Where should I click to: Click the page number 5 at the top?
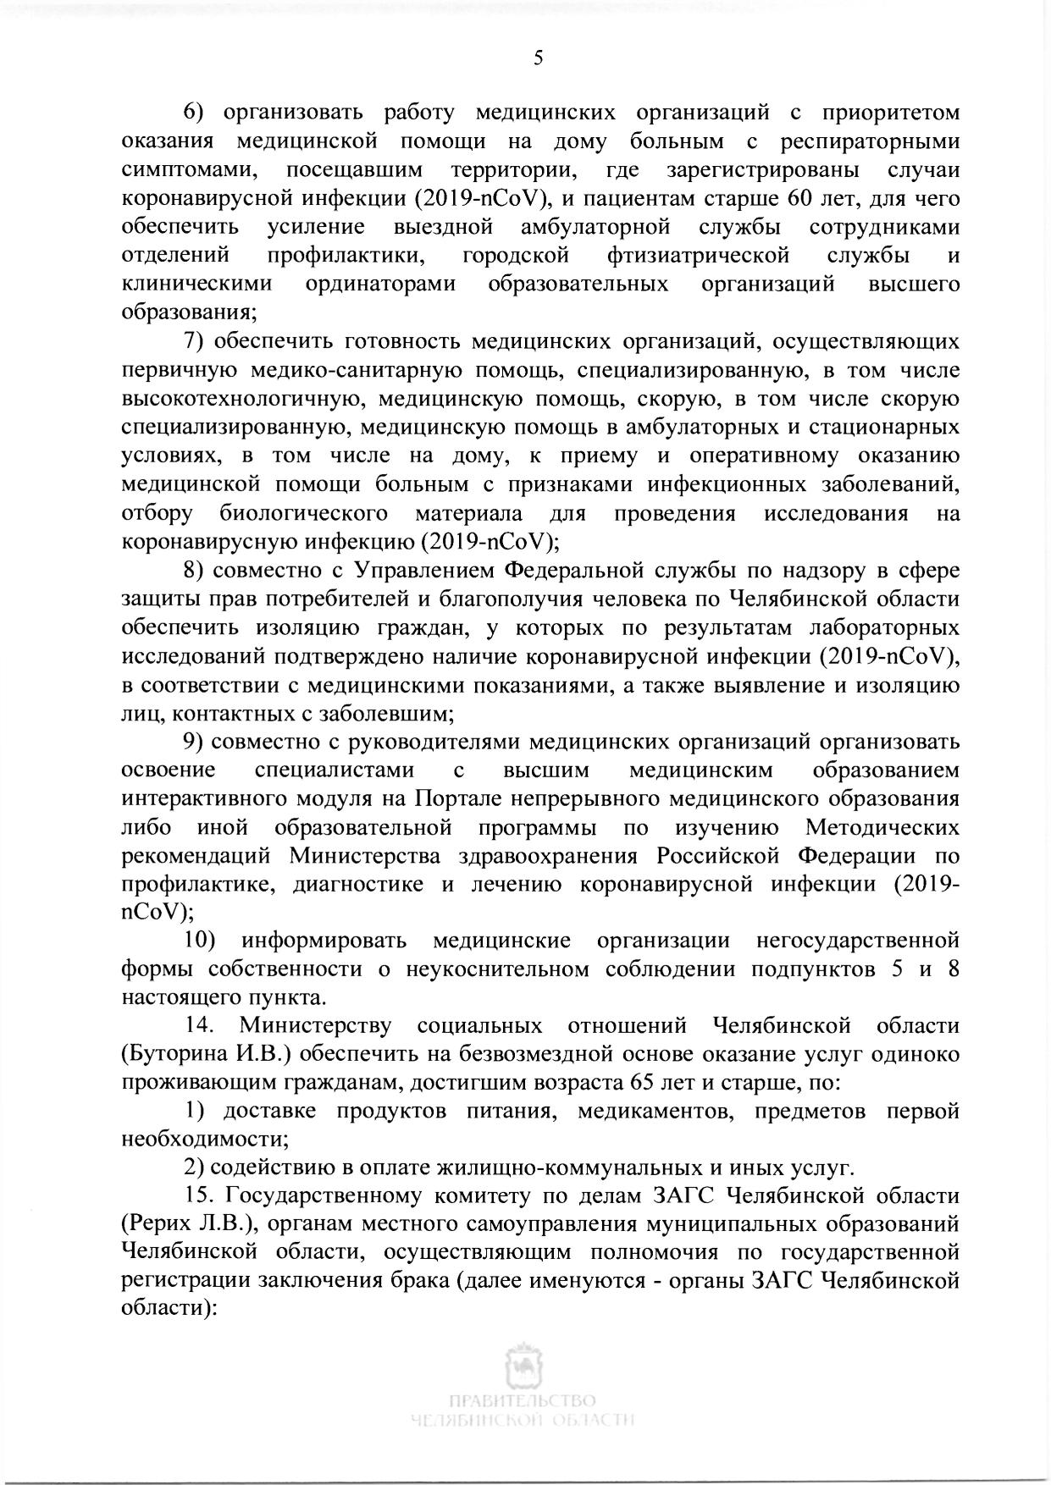(x=538, y=58)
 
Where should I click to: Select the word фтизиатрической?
(x=698, y=256)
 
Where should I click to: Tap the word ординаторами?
(x=380, y=284)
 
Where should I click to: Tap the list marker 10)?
(x=200, y=941)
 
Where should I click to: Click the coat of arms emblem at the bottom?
(x=525, y=1364)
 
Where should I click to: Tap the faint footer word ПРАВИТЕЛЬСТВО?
(x=524, y=1399)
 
